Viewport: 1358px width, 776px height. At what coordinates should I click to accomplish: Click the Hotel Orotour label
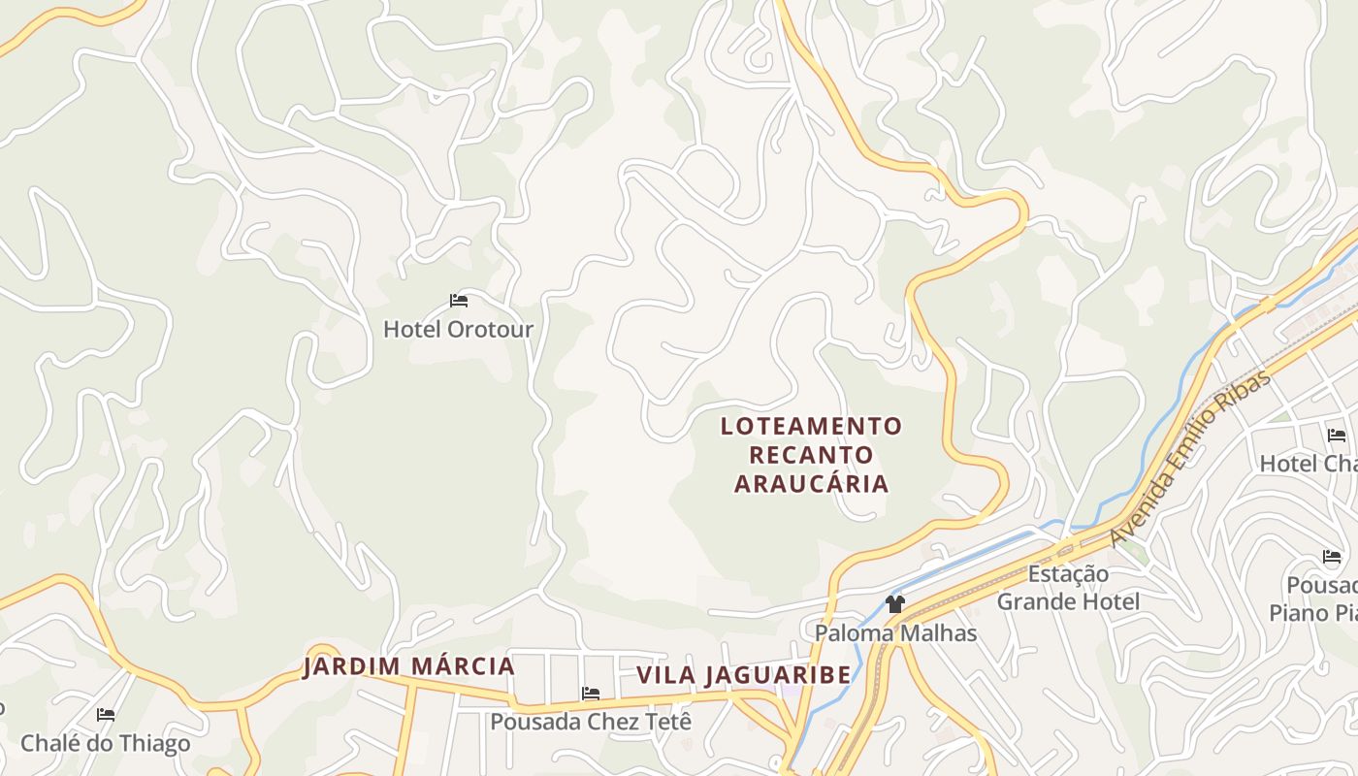(458, 329)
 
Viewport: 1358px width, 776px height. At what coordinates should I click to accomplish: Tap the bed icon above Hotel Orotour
(459, 301)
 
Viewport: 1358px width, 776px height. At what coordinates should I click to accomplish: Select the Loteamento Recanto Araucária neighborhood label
(811, 454)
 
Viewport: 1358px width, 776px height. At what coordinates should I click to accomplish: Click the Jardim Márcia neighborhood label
(408, 667)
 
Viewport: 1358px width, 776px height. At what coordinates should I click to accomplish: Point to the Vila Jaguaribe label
(743, 675)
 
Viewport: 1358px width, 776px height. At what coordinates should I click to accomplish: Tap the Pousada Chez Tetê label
(591, 722)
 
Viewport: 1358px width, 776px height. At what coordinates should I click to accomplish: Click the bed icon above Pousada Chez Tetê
(590, 694)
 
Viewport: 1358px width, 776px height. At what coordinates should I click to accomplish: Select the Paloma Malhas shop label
(895, 633)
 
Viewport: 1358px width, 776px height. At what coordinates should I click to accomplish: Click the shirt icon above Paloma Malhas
(894, 604)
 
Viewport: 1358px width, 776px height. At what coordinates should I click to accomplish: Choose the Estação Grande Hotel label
(1068, 588)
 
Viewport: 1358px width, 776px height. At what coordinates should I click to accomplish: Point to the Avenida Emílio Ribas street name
(1189, 457)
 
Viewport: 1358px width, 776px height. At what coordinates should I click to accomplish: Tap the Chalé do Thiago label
(106, 744)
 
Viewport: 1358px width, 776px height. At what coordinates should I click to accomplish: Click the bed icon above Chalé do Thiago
(106, 715)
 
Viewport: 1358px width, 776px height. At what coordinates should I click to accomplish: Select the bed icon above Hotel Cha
(1337, 436)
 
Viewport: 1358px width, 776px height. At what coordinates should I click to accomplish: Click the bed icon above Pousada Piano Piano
(1332, 557)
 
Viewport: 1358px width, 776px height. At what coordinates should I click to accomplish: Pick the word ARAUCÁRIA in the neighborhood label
(811, 483)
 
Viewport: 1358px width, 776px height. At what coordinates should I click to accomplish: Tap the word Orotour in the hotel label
(490, 329)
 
